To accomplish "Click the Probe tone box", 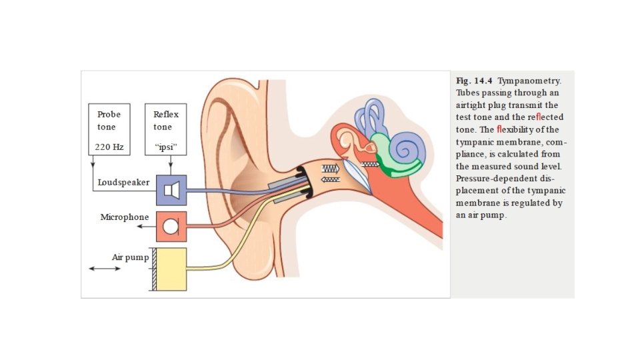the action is tap(109, 129).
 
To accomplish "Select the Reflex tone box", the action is tap(165, 129).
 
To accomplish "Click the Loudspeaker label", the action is tap(123, 182).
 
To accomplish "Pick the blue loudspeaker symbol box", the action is tap(171, 190).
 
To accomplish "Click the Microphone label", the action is tap(125, 217).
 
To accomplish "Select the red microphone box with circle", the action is tap(171, 226).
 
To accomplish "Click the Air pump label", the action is tap(128, 257).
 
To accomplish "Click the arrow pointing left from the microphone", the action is tap(144, 227).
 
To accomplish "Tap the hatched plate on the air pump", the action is tap(153, 269).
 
